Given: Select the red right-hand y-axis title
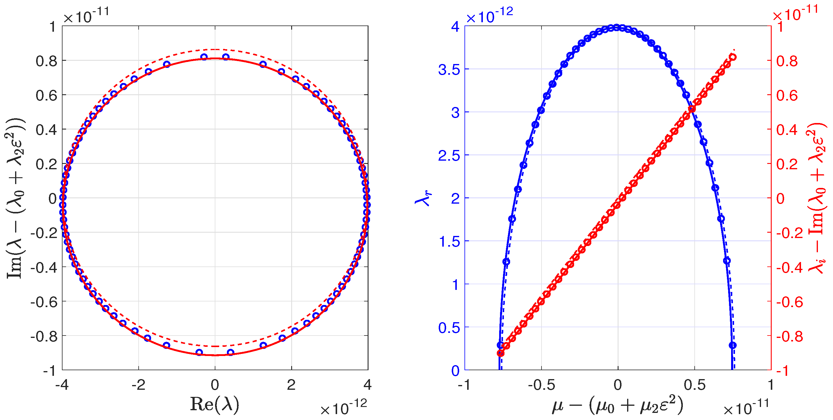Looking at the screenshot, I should click(818, 198).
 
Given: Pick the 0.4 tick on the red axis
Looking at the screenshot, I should click(787, 130).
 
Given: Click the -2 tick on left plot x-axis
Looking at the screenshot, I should click(138, 385).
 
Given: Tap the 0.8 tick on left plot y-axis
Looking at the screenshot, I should click(46, 60).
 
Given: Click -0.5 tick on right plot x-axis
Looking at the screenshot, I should click(541, 385).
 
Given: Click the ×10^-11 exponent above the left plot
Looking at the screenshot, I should click(86, 15).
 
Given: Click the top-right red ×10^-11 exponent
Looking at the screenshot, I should click(795, 13).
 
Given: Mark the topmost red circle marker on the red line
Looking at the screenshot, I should click(733, 57).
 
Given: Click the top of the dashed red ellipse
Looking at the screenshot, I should click(215, 49).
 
